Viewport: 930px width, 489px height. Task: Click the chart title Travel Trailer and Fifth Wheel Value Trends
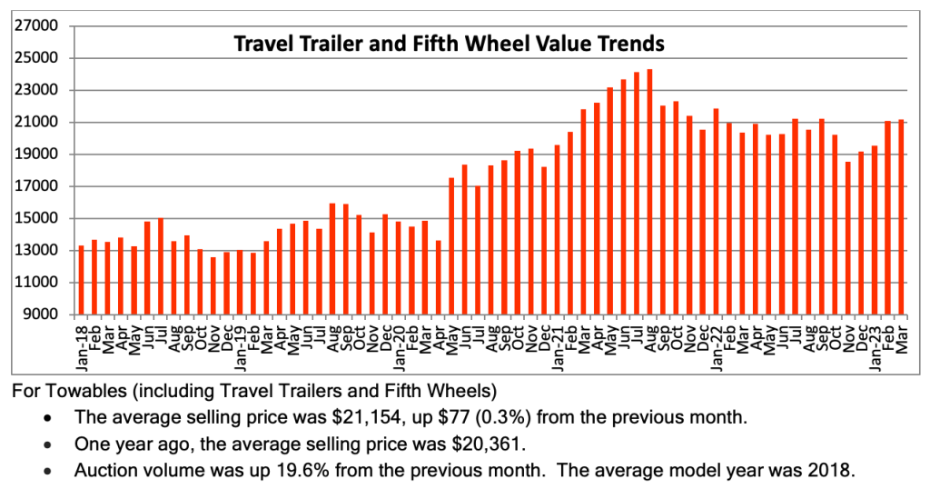(450, 43)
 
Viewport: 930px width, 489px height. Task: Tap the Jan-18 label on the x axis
(82, 344)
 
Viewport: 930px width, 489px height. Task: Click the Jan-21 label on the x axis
(558, 344)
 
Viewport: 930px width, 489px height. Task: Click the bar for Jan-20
(399, 267)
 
